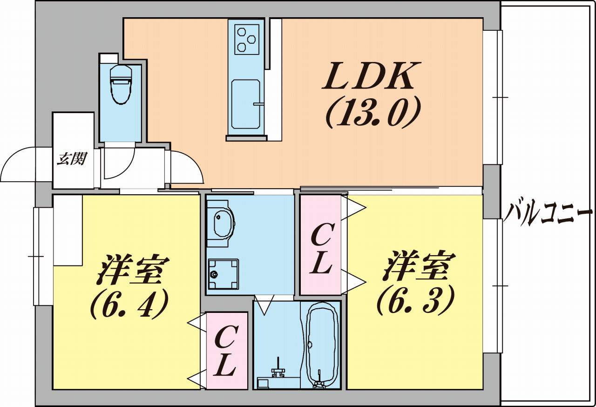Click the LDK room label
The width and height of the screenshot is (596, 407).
(372, 76)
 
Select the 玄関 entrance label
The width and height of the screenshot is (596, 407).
(72, 159)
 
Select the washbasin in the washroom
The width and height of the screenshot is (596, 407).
(221, 224)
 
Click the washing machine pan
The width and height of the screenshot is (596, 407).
(223, 274)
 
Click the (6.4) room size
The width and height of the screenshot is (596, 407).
(129, 304)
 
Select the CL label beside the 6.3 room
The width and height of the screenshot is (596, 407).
(321, 249)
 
